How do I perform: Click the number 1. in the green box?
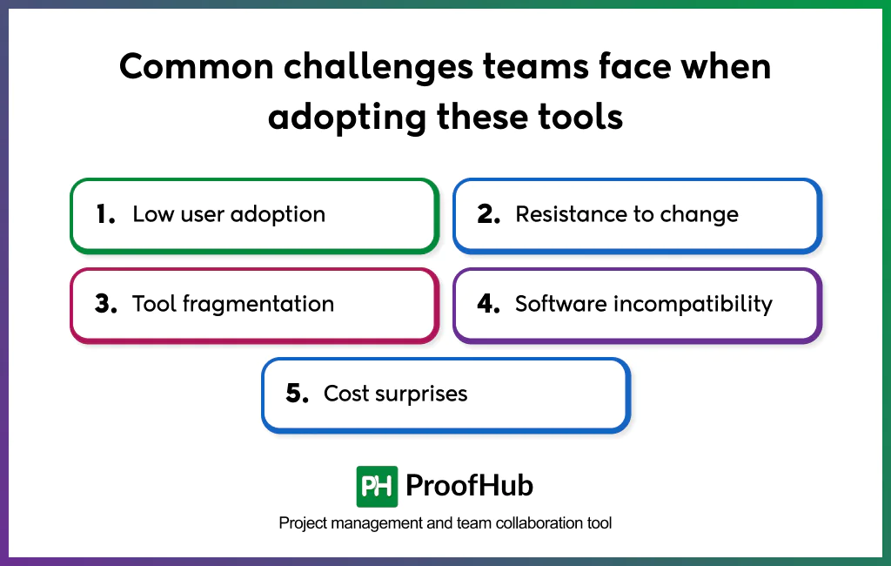(x=105, y=215)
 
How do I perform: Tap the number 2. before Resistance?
(x=488, y=215)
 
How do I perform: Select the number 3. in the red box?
(x=105, y=305)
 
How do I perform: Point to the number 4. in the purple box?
(x=488, y=305)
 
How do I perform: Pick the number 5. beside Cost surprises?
(x=297, y=394)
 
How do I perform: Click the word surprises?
(x=421, y=394)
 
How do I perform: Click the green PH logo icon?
(x=377, y=486)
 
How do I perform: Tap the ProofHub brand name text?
(x=470, y=486)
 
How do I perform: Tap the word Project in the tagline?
(x=301, y=523)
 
